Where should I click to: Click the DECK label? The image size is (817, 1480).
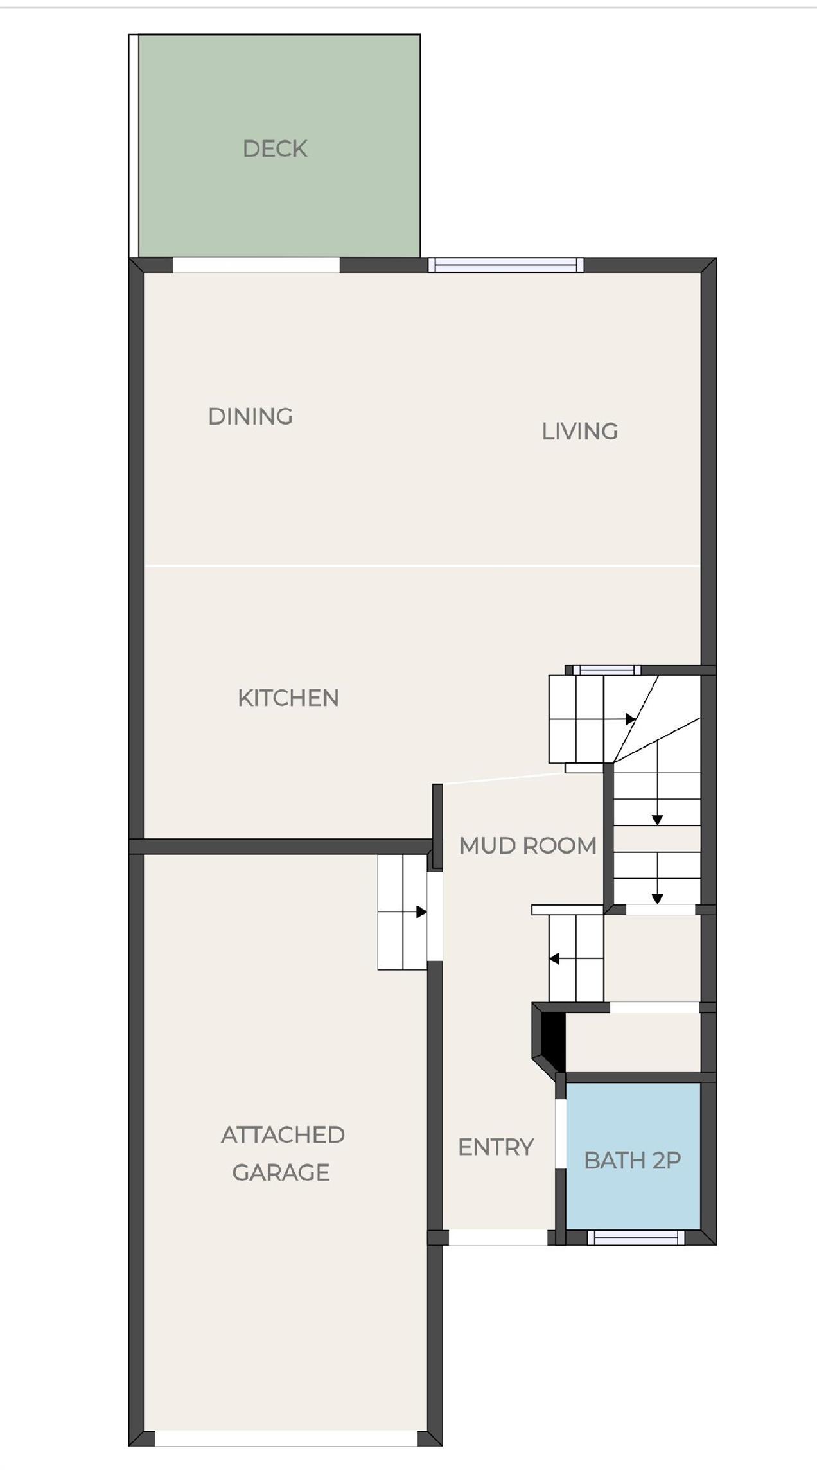pyautogui.click(x=275, y=149)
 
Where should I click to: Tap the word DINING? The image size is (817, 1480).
pyautogui.click(x=250, y=416)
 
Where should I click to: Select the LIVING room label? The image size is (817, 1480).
pyautogui.click(x=579, y=431)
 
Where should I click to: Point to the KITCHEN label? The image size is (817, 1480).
pyautogui.click(x=288, y=698)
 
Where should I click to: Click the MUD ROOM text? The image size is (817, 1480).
pyautogui.click(x=527, y=845)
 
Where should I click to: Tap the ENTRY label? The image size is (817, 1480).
pyautogui.click(x=496, y=1147)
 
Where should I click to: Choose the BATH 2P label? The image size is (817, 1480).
pyautogui.click(x=632, y=1160)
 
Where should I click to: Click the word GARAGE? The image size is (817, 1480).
pyautogui.click(x=281, y=1172)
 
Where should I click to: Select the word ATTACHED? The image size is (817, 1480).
pyautogui.click(x=283, y=1135)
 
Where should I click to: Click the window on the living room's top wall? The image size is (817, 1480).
pyautogui.click(x=506, y=265)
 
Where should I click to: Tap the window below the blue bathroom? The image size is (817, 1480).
pyautogui.click(x=636, y=1237)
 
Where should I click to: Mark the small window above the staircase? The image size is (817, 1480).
pyautogui.click(x=606, y=670)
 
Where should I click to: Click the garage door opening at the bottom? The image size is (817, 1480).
pyautogui.click(x=286, y=1438)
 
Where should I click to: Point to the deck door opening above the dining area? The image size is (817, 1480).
pyautogui.click(x=256, y=265)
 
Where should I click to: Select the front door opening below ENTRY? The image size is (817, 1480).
pyautogui.click(x=498, y=1237)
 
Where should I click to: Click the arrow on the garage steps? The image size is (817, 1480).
pyautogui.click(x=421, y=912)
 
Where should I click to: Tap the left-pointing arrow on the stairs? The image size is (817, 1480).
pyautogui.click(x=554, y=959)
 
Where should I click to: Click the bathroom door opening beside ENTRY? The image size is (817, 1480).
pyautogui.click(x=560, y=1133)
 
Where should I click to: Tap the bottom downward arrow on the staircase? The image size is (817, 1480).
pyautogui.click(x=657, y=898)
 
